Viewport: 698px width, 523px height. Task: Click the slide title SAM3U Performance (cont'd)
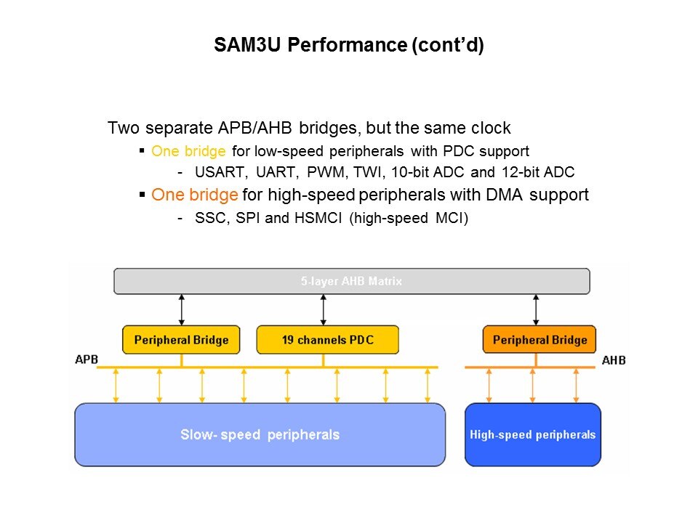pos(349,46)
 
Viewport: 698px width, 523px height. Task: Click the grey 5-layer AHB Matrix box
pos(352,281)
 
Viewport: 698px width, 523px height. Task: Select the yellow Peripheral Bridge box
pos(181,339)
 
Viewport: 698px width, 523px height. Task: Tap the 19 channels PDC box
pos(327,339)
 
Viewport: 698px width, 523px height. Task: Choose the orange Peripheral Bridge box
pos(539,339)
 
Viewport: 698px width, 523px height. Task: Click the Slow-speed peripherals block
pos(260,435)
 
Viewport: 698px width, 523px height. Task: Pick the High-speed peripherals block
pos(532,435)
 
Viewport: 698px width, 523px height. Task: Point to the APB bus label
pos(86,360)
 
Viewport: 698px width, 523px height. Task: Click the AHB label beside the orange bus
pos(614,360)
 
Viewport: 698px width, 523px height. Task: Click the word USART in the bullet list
pos(216,173)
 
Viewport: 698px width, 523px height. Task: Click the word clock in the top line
pos(489,129)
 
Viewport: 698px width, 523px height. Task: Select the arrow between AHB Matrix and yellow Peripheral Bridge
pos(181,309)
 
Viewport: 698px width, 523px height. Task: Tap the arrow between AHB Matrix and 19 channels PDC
pos(322,309)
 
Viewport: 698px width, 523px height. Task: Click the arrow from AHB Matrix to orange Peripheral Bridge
pos(536,309)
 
